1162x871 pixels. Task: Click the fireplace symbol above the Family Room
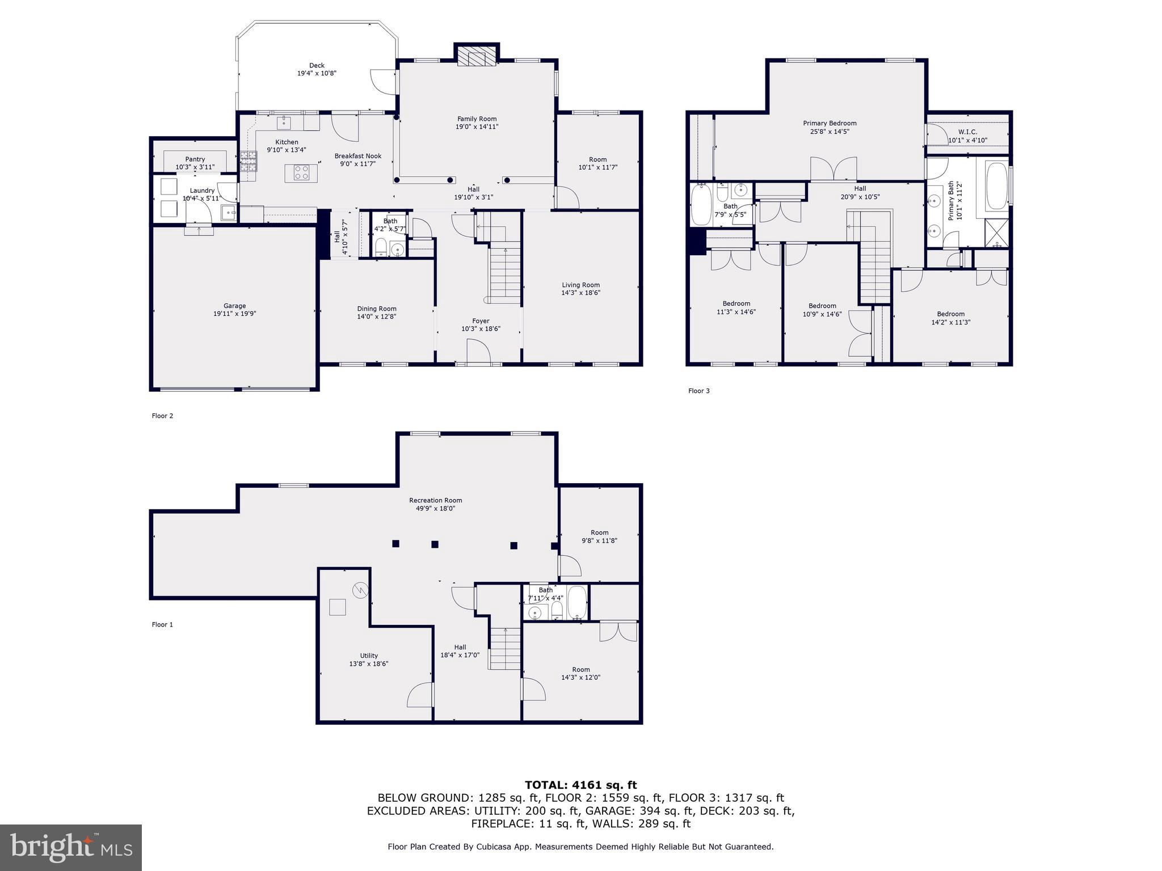476,57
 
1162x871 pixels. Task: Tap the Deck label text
317,66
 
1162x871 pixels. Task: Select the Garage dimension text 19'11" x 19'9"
234,314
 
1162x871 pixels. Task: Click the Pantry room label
195,159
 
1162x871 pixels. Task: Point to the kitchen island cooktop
301,172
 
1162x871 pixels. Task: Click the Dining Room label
376,309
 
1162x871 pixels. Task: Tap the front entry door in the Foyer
478,351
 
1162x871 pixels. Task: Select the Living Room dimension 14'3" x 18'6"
580,293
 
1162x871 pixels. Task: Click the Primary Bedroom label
830,123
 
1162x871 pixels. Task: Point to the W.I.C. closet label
967,132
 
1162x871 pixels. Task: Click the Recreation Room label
435,500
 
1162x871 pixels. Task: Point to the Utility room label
369,656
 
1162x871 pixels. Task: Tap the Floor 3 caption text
698,391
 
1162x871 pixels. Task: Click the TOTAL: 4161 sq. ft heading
580,785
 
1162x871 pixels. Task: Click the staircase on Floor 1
505,649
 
